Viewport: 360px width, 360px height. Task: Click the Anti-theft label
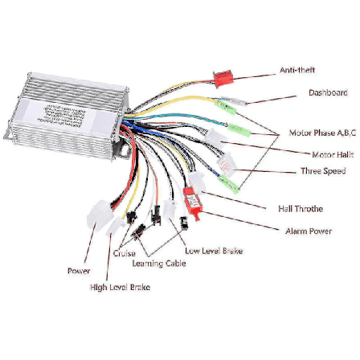pyautogui.click(x=291, y=71)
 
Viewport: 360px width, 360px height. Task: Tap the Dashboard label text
pyautogui.click(x=328, y=93)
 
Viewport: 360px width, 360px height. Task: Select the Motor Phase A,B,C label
pyautogui.click(x=321, y=133)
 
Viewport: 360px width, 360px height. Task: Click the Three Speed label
pyautogui.click(x=322, y=171)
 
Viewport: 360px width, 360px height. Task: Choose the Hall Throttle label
pyautogui.click(x=300, y=208)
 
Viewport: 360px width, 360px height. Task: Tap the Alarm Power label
pyautogui.click(x=308, y=231)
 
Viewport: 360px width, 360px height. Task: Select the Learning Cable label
pyautogui.click(x=159, y=263)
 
